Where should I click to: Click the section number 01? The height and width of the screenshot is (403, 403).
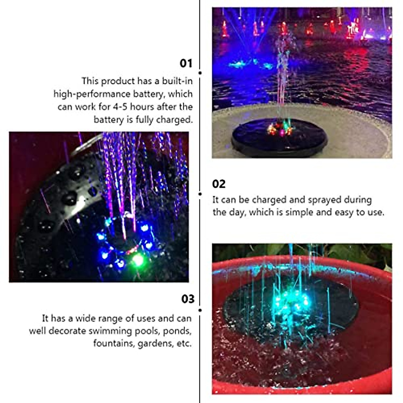point(186,63)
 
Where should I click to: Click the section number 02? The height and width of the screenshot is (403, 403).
point(219,184)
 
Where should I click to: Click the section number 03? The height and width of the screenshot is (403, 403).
point(188,299)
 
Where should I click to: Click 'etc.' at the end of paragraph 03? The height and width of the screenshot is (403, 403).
point(184,344)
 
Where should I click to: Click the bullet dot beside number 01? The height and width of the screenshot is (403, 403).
point(200,73)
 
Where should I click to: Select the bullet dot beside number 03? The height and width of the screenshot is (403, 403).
point(200,310)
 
